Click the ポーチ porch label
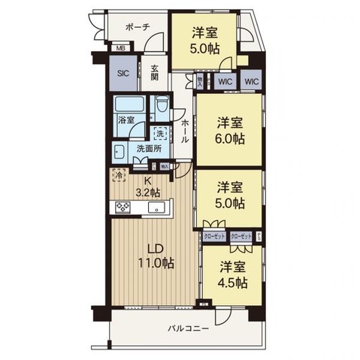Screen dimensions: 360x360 click(x=138, y=27)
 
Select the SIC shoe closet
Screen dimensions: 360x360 click(x=123, y=74)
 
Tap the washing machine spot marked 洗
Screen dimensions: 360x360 click(x=159, y=134)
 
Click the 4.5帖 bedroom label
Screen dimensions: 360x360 click(x=233, y=283)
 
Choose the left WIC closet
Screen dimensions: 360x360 click(x=223, y=80)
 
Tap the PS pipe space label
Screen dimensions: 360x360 click(x=260, y=235)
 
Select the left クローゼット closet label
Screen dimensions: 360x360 click(x=214, y=236)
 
